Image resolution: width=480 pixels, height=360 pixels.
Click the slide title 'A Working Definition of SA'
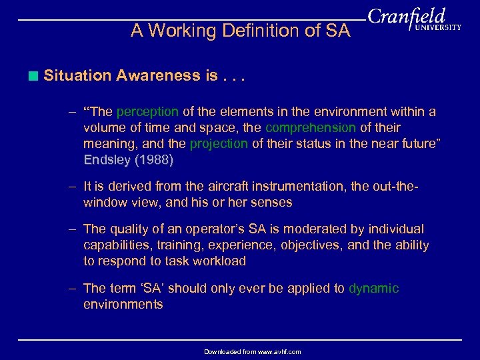pyautogui.click(x=240, y=31)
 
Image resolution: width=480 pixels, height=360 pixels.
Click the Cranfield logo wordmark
pyautogui.click(x=407, y=17)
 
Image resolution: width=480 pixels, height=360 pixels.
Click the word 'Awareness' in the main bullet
pyautogui.click(x=155, y=76)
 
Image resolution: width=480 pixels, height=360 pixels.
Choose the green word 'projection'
pyautogui.click(x=219, y=143)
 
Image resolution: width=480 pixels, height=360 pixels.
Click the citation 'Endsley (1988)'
pyautogui.click(x=129, y=159)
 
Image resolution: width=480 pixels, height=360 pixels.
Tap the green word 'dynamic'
pyautogui.click(x=373, y=289)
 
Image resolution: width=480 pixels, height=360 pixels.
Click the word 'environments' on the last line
pyautogui.click(x=123, y=305)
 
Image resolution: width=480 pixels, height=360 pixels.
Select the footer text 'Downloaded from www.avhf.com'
pyautogui.click(x=252, y=352)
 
